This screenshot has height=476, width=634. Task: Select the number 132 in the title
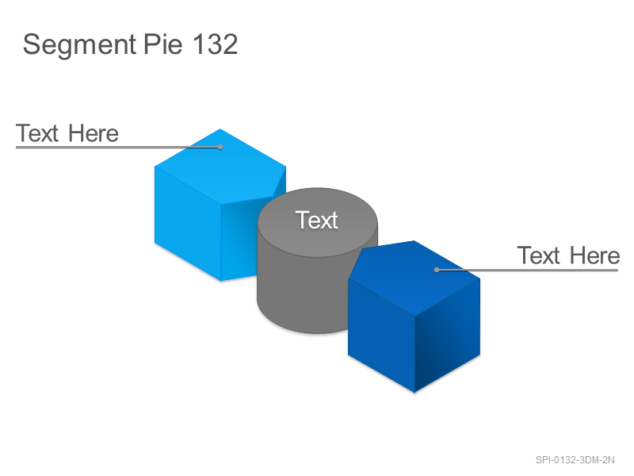click(x=215, y=44)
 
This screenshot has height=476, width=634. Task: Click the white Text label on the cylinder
click(x=316, y=221)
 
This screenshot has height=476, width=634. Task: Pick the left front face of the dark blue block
click(x=381, y=334)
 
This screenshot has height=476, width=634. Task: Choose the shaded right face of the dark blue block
click(x=448, y=334)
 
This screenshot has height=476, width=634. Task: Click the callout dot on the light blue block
click(x=220, y=147)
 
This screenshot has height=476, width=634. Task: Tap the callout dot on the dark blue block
click(x=437, y=270)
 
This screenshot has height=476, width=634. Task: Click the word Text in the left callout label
click(x=37, y=133)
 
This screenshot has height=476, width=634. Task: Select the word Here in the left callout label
click(x=94, y=133)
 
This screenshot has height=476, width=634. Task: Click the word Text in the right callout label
click(x=539, y=255)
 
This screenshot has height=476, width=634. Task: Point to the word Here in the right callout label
click(x=595, y=255)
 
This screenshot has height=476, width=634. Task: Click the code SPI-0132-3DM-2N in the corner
click(x=575, y=460)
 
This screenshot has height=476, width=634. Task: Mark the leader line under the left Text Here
click(x=118, y=147)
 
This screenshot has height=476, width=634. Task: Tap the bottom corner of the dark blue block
click(x=414, y=392)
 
